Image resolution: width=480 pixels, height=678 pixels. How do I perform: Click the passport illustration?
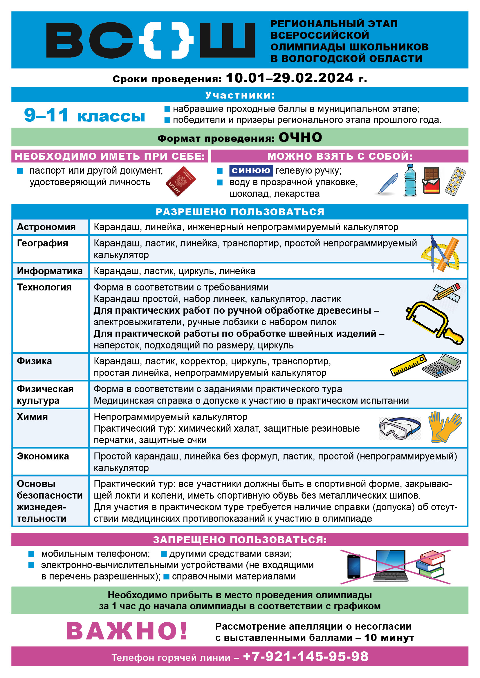click(180, 181)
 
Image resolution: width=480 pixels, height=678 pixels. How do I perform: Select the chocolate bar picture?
click(431, 180)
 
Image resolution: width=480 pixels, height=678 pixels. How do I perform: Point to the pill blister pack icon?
click(455, 181)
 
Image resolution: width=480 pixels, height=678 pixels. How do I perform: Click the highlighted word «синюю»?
click(251, 170)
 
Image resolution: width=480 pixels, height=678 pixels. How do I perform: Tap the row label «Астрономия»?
click(46, 227)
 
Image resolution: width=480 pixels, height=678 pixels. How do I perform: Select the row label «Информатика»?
click(50, 271)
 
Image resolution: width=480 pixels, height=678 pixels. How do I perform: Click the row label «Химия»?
click(33, 417)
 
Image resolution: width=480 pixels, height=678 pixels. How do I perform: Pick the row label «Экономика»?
click(43, 456)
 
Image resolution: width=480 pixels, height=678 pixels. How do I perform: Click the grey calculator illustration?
click(442, 366)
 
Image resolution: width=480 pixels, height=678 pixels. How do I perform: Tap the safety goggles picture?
click(399, 428)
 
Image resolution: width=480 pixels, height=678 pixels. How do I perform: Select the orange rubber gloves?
click(444, 427)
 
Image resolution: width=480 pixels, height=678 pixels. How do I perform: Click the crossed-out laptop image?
click(391, 566)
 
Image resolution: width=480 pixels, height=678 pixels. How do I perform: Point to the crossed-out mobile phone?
click(354, 566)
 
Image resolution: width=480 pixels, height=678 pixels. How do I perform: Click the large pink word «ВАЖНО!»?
click(127, 631)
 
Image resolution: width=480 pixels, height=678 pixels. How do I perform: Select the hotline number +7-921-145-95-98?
click(306, 656)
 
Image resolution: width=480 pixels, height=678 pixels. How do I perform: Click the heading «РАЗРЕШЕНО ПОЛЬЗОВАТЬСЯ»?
click(240, 212)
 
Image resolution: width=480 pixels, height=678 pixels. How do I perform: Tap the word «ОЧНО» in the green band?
click(300, 137)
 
